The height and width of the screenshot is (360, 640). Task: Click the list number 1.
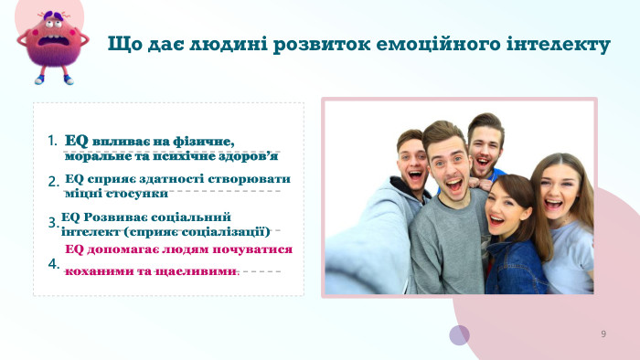[52, 141]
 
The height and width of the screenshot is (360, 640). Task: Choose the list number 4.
[53, 264]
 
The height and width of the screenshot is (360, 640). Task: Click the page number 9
[603, 334]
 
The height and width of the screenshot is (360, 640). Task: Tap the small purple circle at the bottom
[459, 335]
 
